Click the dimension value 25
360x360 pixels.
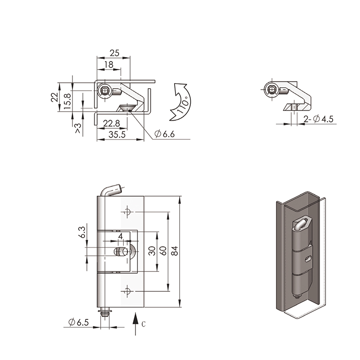(x=115, y=53)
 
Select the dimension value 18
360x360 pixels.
(x=108, y=65)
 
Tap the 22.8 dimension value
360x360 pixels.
(x=111, y=123)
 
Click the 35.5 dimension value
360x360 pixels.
(x=117, y=135)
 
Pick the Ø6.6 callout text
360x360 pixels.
(x=164, y=134)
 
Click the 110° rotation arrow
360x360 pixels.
(x=182, y=102)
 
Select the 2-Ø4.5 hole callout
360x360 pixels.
(x=318, y=119)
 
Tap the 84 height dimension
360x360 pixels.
(x=175, y=251)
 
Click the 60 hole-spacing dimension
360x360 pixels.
(x=163, y=251)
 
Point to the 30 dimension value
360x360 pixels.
(x=152, y=251)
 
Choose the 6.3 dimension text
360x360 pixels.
(x=83, y=232)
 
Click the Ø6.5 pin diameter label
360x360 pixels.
(x=78, y=322)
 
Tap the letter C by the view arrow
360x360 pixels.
(x=144, y=324)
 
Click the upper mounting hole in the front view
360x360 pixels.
(x=127, y=211)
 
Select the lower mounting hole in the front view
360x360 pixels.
(x=127, y=291)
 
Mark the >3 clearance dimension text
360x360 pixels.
(x=78, y=128)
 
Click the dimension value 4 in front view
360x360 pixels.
(x=120, y=236)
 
